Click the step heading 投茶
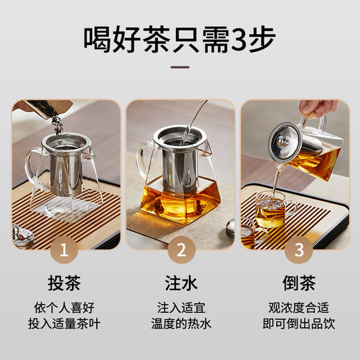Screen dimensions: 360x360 tap(66, 284)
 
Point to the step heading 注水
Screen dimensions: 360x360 tap(180, 284)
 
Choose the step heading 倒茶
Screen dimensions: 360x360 tap(294, 284)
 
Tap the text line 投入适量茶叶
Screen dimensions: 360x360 tap(66, 323)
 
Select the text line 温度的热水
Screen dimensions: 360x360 tap(180, 323)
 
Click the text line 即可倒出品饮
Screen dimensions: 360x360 tap(294, 323)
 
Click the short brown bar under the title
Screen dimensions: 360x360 tap(180, 68)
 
